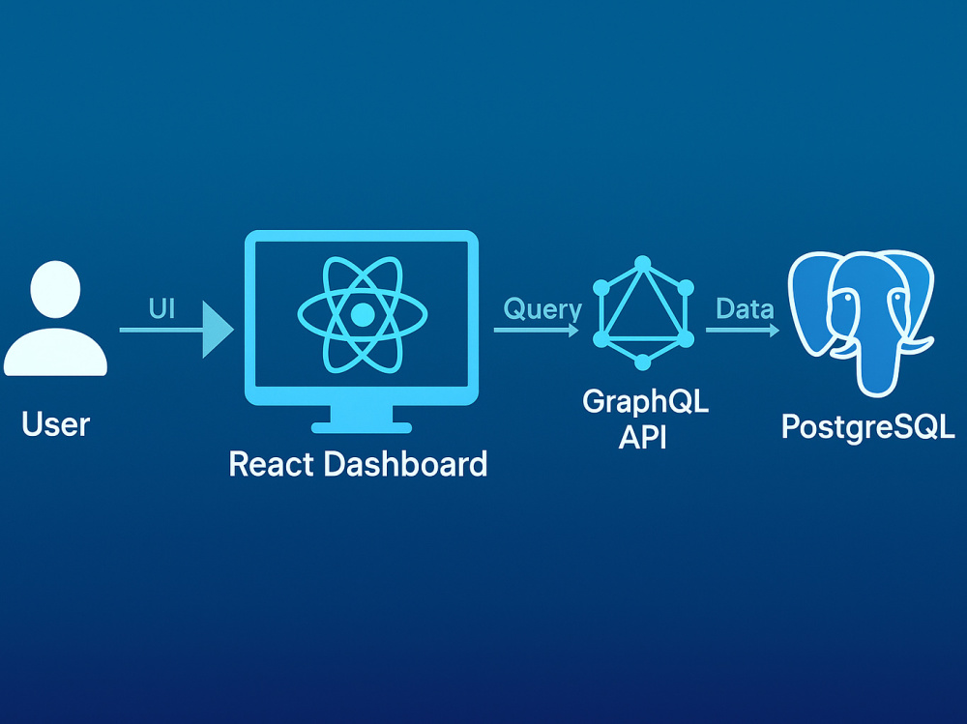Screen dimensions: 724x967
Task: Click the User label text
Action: [55, 424]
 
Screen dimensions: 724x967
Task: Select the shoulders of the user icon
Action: [55, 355]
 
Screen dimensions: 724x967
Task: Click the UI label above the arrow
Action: [161, 308]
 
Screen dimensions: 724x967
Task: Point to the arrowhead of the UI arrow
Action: [219, 330]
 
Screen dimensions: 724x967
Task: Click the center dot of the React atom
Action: [362, 314]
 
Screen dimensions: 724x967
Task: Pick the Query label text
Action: [542, 309]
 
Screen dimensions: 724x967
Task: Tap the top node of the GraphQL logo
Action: [642, 264]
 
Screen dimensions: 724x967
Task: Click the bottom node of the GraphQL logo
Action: [642, 362]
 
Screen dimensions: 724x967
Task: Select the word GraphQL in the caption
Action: [645, 401]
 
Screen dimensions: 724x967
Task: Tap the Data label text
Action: [744, 309]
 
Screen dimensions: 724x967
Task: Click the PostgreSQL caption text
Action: [867, 425]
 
